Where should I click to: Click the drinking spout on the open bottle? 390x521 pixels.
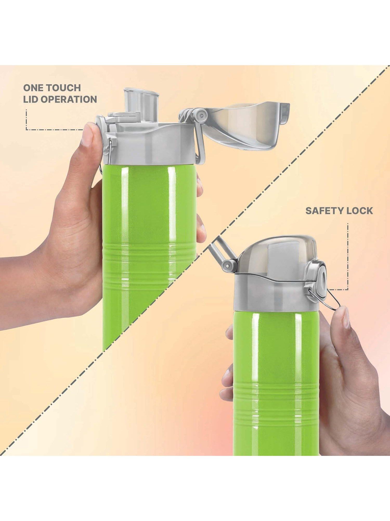(142, 104)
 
